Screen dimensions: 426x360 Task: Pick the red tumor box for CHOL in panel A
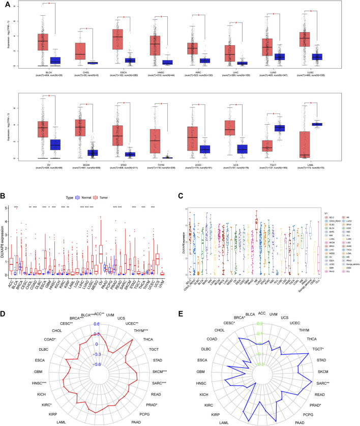[x=80, y=51]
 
